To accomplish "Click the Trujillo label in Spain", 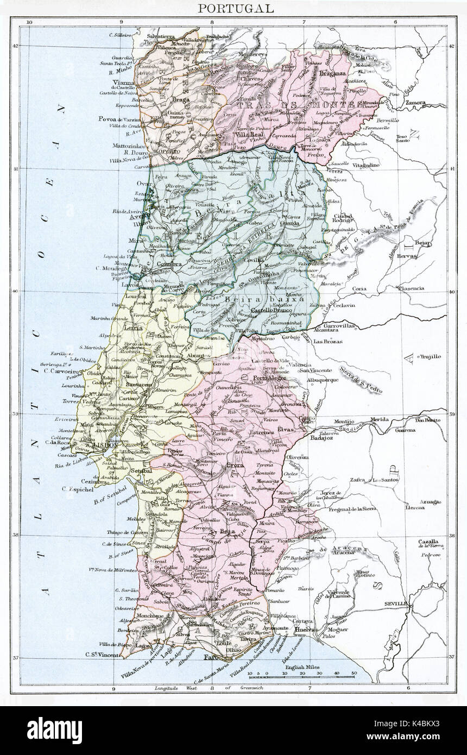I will tap(431, 356).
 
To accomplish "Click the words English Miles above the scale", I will tap(301, 666).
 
